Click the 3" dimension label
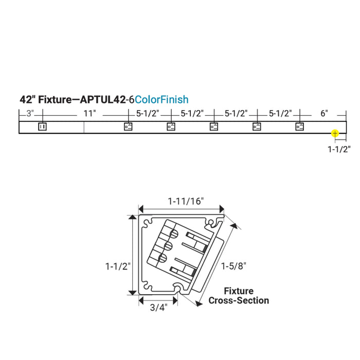click(x=30, y=114)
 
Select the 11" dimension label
click(x=84, y=114)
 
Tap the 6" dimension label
click(x=323, y=114)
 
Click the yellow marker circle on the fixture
click(x=335, y=133)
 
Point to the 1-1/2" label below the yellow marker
click(x=339, y=150)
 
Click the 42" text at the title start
click(x=27, y=100)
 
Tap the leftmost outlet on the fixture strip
click(x=43, y=127)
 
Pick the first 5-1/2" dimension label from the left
click(x=148, y=114)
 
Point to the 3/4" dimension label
click(x=158, y=308)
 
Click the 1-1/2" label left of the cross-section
click(x=117, y=266)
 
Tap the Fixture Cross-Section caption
click(x=238, y=296)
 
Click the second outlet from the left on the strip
click(x=129, y=127)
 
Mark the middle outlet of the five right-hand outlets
click(x=214, y=127)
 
